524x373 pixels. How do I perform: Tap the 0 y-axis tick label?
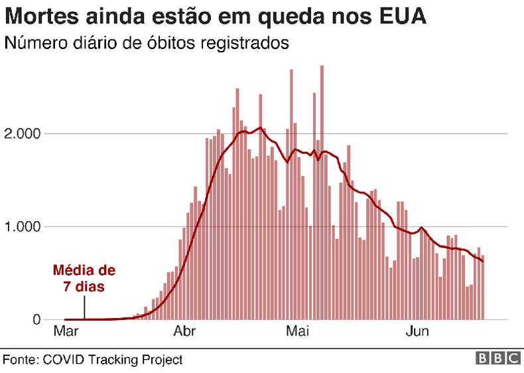click(37, 320)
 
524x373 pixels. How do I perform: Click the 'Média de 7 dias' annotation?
click(84, 279)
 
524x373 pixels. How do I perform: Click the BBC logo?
click(497, 358)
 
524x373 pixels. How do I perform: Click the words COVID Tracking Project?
click(113, 359)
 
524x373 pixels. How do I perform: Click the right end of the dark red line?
click(483, 262)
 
